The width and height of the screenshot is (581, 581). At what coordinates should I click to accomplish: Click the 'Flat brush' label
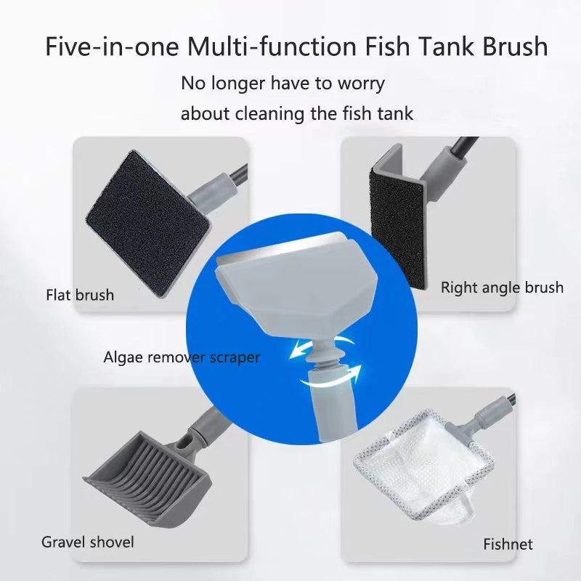80,295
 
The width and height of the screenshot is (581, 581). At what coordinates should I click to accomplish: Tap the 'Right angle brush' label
502,288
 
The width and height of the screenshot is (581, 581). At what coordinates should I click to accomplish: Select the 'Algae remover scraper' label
182,357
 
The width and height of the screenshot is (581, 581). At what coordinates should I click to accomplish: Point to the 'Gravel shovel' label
87,542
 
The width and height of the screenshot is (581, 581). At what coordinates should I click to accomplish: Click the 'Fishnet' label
508,544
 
